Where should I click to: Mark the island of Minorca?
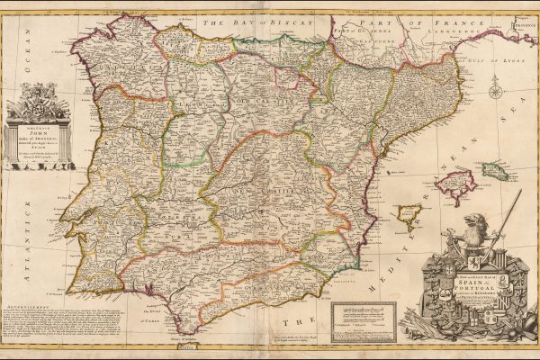coord(496,170)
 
